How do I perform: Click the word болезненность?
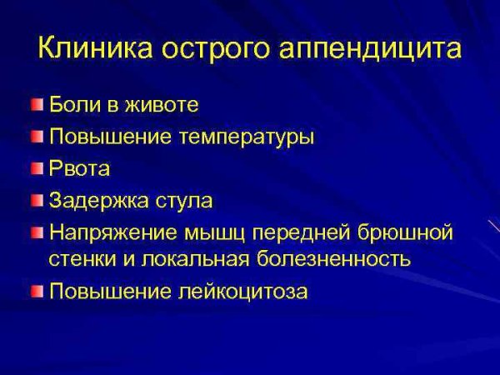click(332, 257)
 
